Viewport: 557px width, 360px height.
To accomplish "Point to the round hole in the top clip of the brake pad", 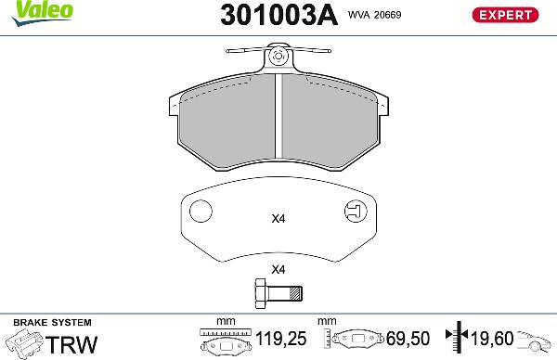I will pos(278,58).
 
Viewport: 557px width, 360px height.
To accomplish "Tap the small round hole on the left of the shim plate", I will pos(199,212).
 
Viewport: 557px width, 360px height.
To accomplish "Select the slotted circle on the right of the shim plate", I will pos(355,212).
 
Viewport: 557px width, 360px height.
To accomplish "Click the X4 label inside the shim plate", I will pos(277,220).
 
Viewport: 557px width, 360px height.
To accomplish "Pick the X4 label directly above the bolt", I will pos(277,270).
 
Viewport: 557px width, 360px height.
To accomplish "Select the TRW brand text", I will pos(72,344).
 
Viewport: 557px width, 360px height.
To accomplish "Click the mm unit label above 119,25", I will pos(225,322).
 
